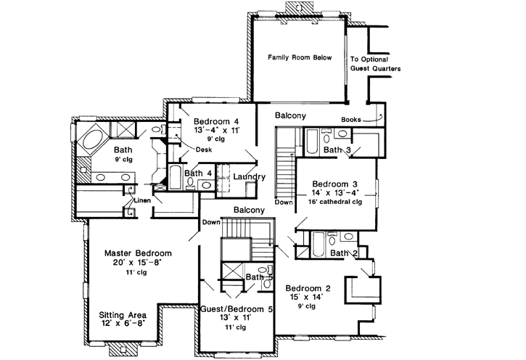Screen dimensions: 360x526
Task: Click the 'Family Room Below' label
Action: pos(300,57)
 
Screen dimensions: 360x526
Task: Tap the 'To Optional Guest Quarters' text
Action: pos(375,65)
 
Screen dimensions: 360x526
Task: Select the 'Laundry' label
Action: pos(249,177)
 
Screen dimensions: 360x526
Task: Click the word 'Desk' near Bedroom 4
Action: pos(204,150)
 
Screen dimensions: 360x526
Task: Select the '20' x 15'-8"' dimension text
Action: pos(136,263)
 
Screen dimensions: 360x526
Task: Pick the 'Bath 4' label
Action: pos(198,173)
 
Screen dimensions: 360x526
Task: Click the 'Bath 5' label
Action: pos(258,277)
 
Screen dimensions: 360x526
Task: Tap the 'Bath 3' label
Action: pos(337,150)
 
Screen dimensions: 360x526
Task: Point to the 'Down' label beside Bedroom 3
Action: pos(284,202)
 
